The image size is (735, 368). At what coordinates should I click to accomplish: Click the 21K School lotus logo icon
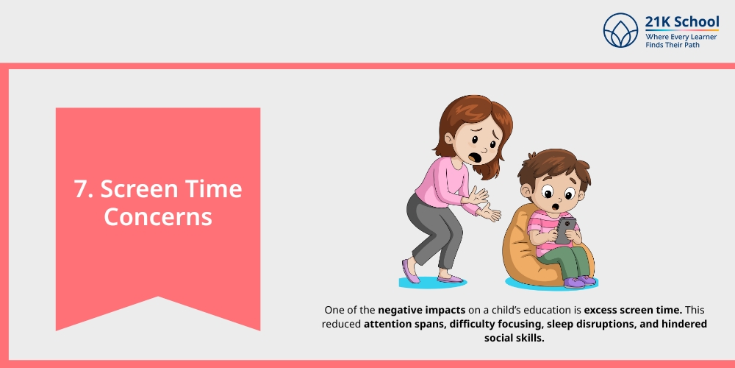(x=620, y=30)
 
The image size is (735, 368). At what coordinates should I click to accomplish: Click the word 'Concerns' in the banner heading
(x=158, y=217)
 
